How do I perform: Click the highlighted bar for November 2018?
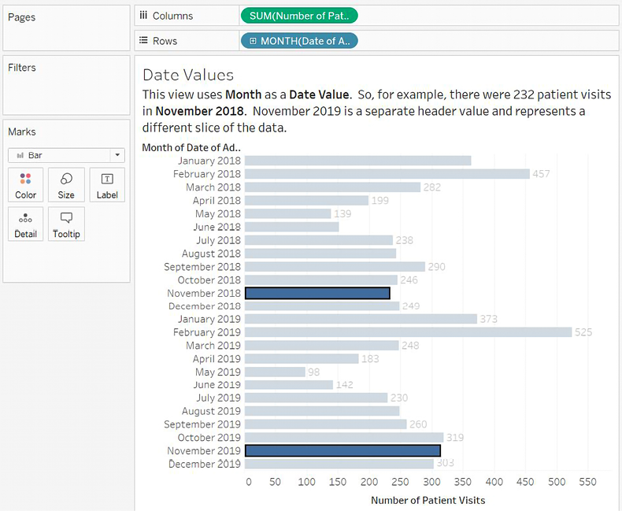pos(317,293)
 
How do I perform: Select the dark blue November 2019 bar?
pos(342,451)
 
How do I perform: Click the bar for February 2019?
pos(408,332)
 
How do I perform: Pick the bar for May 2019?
pos(275,372)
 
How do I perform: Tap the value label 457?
pos(540,174)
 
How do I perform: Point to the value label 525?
pos(583,332)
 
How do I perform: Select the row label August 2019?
pos(211,411)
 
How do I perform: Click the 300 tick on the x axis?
pos(433,482)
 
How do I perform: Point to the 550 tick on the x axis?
pos(587,482)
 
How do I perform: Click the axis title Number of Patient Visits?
pos(428,500)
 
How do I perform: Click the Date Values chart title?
pos(187,75)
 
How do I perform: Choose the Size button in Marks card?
pos(66,185)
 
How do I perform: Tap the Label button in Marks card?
pos(107,185)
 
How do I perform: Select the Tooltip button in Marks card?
pos(66,224)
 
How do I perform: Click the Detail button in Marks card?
pos(25,224)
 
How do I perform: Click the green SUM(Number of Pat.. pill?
pos(298,15)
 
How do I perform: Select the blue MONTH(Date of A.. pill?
pos(298,41)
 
